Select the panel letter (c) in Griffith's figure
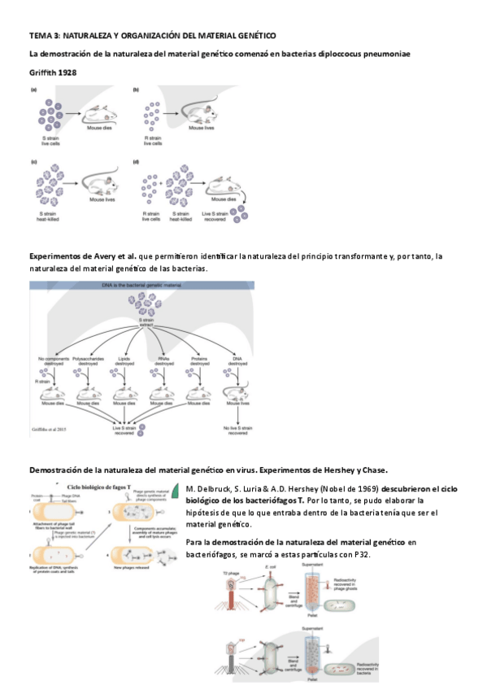[34, 162]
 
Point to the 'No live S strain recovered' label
[237, 430]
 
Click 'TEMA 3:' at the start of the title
[44, 36]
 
